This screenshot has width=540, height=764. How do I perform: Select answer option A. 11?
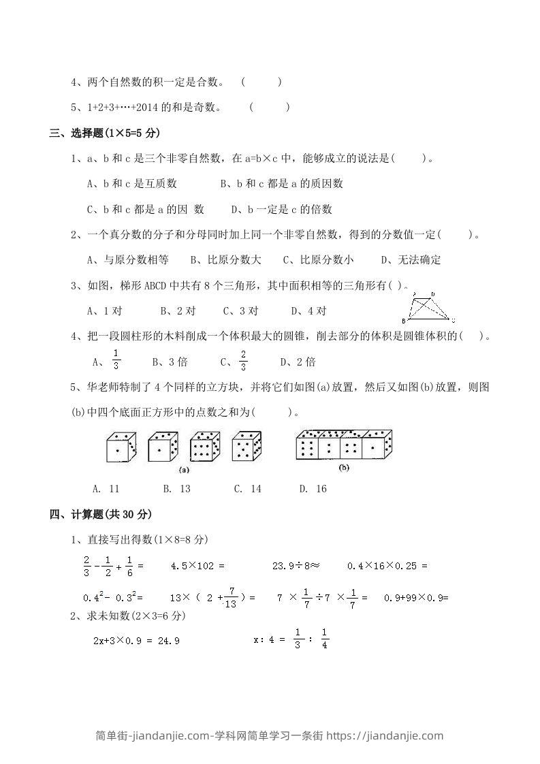tap(106, 488)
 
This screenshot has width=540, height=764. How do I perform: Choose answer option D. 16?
tap(313, 488)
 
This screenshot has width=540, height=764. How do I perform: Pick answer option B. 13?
tap(176, 488)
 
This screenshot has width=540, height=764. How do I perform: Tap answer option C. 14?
tap(247, 488)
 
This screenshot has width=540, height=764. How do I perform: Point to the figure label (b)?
tap(344, 468)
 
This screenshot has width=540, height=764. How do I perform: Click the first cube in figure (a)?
tap(121, 447)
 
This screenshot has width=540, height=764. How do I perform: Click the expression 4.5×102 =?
tap(197, 565)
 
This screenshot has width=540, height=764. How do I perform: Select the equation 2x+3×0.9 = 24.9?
tap(136, 641)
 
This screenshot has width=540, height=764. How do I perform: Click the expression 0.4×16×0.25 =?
tap(386, 565)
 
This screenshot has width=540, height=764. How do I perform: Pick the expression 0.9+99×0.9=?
tap(417, 597)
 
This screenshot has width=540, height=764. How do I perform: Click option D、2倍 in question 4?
tap(298, 362)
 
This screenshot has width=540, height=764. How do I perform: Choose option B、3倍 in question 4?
tap(170, 362)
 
